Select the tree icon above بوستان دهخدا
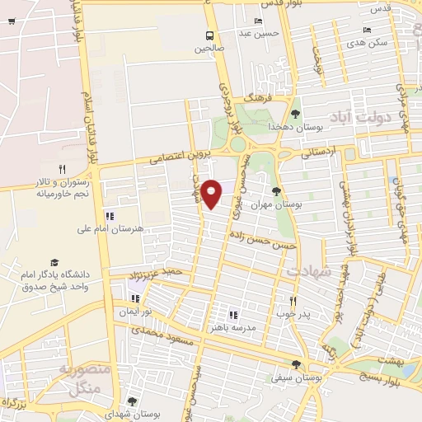point(296,114)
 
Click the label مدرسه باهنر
point(232,327)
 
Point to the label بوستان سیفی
point(297,377)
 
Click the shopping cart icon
point(11,21)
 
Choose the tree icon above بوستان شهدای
point(132,401)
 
